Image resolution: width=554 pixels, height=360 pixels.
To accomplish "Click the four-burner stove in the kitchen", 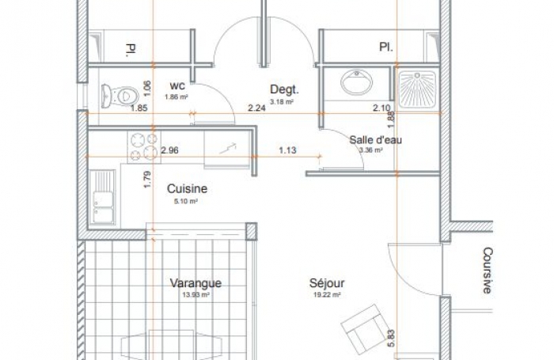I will point(142,145).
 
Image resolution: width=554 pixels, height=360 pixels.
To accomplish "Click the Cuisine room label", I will point(187,189).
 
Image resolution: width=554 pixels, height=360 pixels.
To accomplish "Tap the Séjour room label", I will point(325,282).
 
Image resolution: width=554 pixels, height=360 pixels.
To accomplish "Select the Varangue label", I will point(195,283).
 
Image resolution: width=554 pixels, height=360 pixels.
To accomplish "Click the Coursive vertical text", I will point(488,271).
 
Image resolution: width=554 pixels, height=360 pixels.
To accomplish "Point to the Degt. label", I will point(283,89).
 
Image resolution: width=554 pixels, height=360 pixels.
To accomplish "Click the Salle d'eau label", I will point(376,140).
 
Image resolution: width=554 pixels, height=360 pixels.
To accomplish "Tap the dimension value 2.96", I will point(169,149).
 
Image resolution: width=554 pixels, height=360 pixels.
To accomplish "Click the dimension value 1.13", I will point(286,150).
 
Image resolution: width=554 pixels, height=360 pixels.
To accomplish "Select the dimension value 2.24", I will point(256,108).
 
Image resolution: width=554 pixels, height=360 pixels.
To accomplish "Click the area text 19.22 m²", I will point(326,294).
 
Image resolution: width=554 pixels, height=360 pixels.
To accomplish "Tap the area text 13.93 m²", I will point(195,294).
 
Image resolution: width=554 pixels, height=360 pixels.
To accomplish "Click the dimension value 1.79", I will point(147,177).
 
